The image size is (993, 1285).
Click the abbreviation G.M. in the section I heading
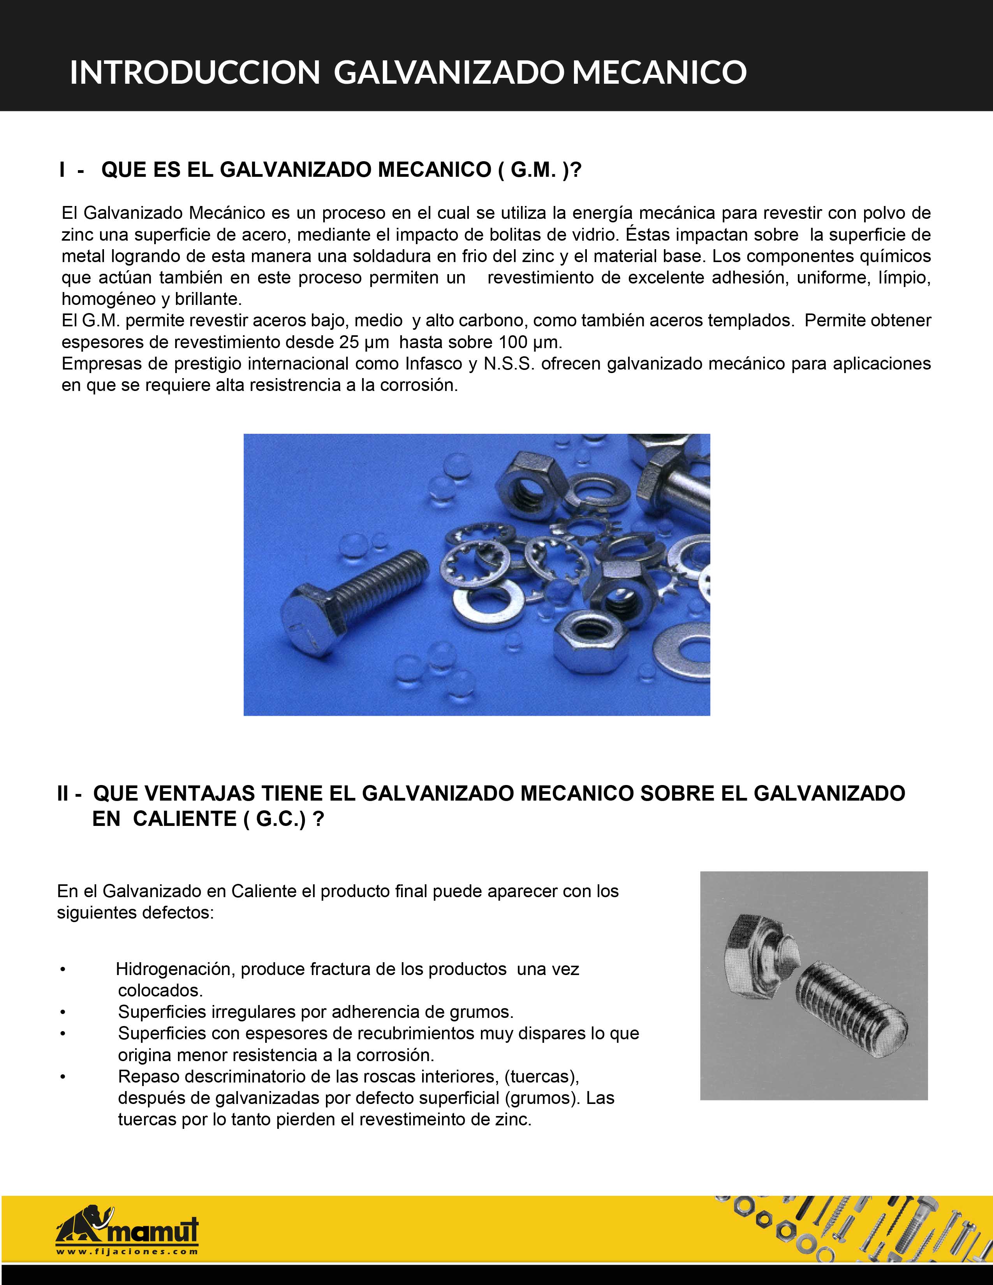tap(532, 170)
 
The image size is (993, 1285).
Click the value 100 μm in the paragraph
tap(528, 342)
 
